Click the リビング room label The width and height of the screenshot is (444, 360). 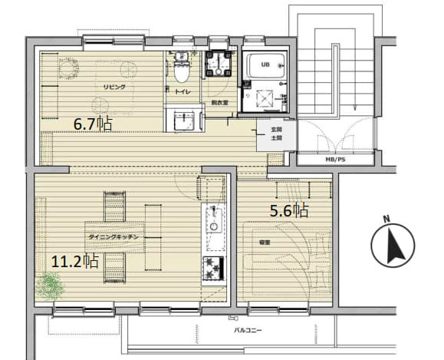tap(114, 87)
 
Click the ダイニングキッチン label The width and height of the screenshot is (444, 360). tap(113, 237)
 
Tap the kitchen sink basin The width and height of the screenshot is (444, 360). tap(212, 223)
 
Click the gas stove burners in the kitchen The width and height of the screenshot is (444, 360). tap(212, 269)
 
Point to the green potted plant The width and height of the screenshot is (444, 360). tap(51, 288)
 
